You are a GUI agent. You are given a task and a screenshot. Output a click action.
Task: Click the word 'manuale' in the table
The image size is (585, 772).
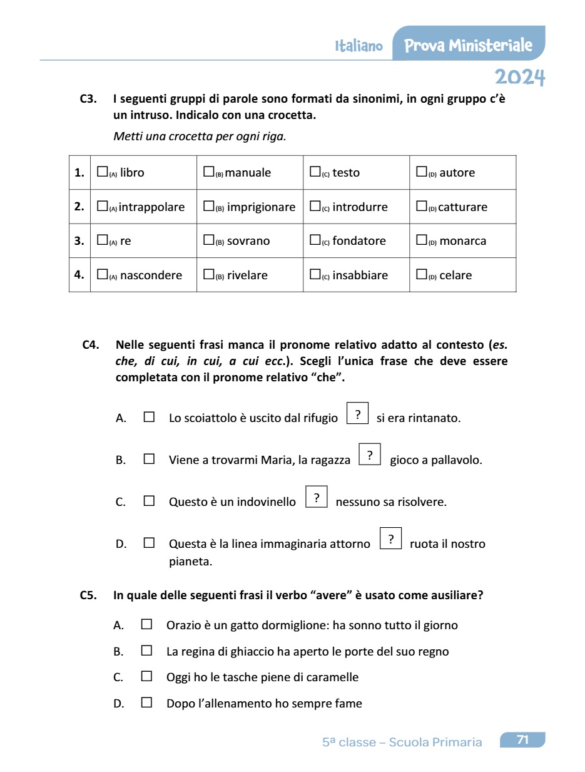[248, 173]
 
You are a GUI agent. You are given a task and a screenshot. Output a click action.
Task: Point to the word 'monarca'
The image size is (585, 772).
[463, 241]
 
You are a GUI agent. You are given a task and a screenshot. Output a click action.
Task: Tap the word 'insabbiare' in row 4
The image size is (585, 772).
[360, 275]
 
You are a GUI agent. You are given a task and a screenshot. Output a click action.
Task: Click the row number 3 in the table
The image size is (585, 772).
[79, 241]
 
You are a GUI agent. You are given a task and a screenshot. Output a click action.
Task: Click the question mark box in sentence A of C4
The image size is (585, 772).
[357, 414]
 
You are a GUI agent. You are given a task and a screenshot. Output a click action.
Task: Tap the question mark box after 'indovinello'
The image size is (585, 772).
[317, 498]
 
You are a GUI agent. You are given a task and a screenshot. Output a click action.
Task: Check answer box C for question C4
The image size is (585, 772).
[149, 501]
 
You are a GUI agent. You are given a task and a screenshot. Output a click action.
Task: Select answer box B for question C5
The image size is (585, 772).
[146, 651]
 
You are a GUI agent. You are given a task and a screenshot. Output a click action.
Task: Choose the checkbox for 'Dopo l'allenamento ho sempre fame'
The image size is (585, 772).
[146, 703]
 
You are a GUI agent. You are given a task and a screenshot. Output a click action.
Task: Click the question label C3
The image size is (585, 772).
[88, 99]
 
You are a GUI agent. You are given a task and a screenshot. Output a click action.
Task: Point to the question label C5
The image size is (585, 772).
[88, 595]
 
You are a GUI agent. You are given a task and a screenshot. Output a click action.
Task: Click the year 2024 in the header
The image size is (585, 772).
[520, 77]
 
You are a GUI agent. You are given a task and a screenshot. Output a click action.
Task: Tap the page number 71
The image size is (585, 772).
[522, 740]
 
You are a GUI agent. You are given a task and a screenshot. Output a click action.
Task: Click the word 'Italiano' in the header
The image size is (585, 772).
[359, 46]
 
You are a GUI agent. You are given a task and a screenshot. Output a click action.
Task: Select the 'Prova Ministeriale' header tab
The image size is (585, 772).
[468, 45]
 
